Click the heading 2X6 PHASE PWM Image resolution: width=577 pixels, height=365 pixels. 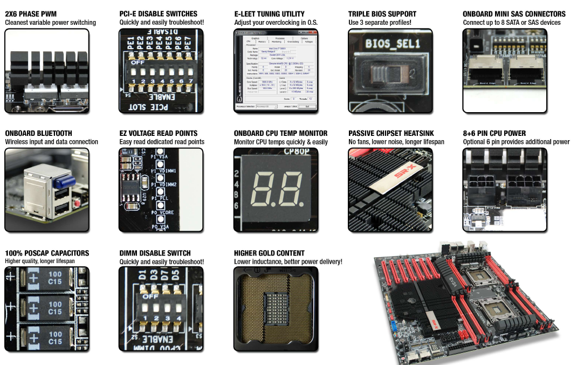(x=31, y=13)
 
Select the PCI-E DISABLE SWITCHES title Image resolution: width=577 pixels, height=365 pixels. (x=159, y=13)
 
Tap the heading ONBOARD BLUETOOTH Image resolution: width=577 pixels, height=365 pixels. (x=38, y=133)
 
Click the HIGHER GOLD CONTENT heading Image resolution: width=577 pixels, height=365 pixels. (x=269, y=253)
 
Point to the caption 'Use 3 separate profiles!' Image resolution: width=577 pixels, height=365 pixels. (x=380, y=23)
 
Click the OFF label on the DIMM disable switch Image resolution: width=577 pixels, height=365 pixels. (x=150, y=295)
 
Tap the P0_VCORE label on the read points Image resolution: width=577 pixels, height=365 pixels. (x=164, y=213)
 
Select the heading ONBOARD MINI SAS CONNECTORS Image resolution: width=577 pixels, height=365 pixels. (x=514, y=13)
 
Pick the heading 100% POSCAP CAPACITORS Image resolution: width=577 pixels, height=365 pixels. (x=47, y=253)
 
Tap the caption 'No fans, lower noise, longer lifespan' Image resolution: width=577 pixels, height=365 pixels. (x=396, y=142)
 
